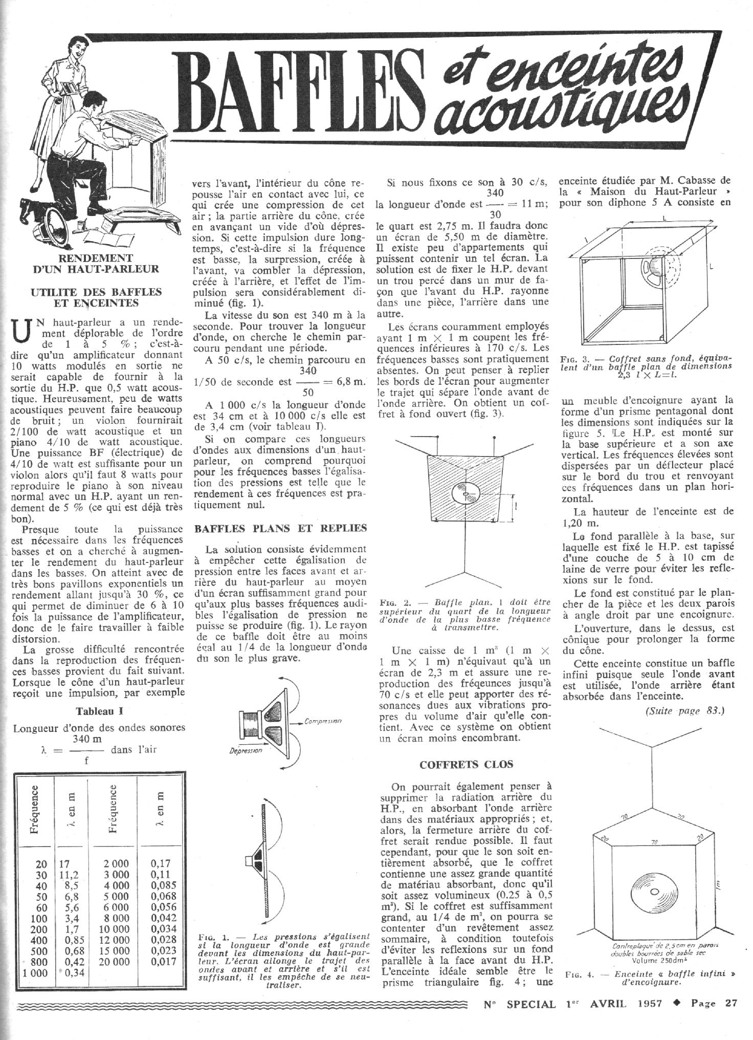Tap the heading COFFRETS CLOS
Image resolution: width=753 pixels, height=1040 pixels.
[x=466, y=765]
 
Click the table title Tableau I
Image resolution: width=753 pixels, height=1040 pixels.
[x=99, y=711]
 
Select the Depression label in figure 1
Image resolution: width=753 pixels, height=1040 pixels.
[x=247, y=750]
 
